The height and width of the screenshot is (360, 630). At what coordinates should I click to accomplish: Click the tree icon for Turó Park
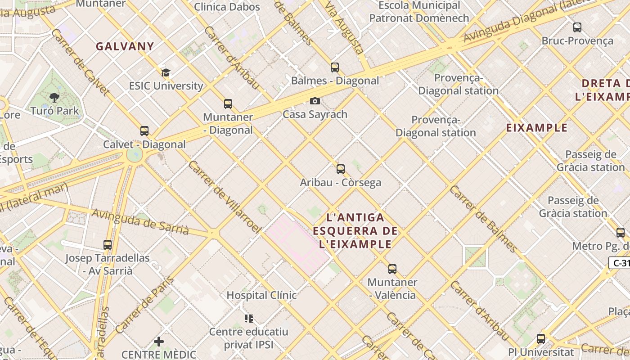coord(54,97)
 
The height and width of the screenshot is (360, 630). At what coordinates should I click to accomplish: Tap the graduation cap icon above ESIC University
coord(166,72)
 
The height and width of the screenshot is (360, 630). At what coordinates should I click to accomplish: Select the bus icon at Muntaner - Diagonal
coord(228,104)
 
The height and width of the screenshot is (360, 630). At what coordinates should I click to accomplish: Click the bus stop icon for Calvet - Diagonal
coord(144,131)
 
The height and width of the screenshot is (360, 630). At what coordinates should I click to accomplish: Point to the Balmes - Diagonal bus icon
coord(335,67)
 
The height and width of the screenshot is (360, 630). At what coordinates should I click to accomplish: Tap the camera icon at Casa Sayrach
coord(315,101)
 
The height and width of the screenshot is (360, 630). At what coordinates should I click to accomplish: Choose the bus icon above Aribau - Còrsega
coord(341,169)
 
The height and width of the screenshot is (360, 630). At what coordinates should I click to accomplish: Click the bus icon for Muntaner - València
coord(392,269)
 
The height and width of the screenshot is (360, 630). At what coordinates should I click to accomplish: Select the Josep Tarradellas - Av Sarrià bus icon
coord(108,245)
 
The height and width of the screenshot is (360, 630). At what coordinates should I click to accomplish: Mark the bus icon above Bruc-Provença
coord(577,27)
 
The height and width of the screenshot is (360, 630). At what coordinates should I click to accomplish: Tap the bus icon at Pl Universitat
coord(541,339)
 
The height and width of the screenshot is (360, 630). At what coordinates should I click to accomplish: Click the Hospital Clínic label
coord(261,295)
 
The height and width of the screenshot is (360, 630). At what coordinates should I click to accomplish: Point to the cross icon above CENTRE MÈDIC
coord(159,342)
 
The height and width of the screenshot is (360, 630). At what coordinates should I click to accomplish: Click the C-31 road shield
coord(620,263)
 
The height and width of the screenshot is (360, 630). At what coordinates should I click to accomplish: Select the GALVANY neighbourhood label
coord(125,46)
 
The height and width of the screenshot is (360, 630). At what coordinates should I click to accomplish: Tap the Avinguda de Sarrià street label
coord(140,221)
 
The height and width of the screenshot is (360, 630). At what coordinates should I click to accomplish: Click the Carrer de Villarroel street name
coord(224,197)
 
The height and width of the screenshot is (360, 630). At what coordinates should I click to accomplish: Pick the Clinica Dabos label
coord(227,7)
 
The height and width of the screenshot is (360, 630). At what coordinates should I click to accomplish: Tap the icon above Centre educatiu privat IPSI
coord(249,319)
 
